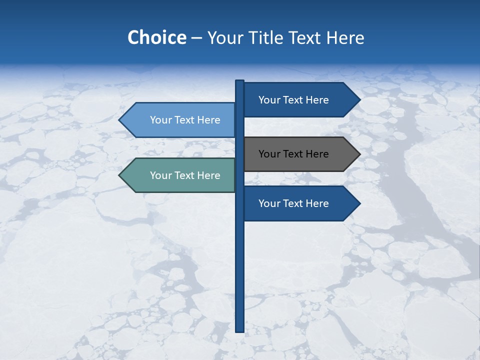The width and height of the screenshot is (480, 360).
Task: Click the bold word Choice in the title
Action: pos(156,37)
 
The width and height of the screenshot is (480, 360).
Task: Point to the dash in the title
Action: pos(196,38)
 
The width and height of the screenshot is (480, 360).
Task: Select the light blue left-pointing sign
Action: pos(180,120)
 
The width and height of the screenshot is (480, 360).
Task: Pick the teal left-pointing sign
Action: pos(180,175)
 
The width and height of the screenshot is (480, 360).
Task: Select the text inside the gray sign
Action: pos(293,154)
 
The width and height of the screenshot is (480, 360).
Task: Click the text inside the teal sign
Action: pos(185,175)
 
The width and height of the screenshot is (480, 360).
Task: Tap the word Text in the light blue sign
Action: pos(185,120)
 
